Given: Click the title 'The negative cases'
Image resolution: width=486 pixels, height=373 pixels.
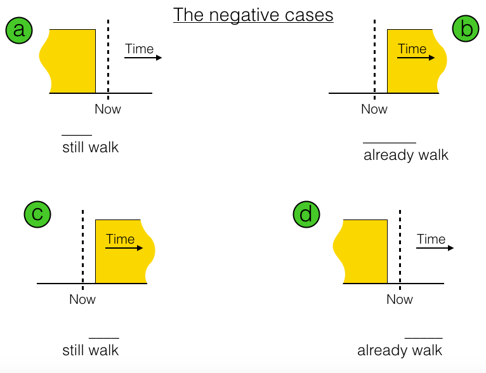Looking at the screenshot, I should coord(253,15).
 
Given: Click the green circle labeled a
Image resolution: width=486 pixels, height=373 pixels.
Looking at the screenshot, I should coord(19,30).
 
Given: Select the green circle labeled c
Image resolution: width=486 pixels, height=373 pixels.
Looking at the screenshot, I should coord(37,214).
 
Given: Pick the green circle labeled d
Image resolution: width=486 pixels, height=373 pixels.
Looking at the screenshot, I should coord(306,214).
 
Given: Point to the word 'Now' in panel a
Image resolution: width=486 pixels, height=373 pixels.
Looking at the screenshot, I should coord(108,109).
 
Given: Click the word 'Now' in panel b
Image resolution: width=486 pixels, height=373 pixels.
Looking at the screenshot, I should coord(374,109).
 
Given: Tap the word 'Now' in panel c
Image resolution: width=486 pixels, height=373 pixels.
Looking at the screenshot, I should coord(82,299).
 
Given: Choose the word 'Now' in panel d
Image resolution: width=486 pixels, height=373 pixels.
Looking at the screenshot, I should coord(400,299).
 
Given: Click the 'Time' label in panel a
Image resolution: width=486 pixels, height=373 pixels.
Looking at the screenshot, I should coord(140,49).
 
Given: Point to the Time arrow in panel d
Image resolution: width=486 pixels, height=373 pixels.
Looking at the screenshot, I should coord(435,247).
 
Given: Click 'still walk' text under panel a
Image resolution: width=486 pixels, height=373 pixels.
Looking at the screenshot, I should coord(90,148).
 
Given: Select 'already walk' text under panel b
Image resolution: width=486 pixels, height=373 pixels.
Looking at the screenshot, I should coord(406,155).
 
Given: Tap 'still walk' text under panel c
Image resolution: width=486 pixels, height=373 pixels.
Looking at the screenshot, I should coord(90,350).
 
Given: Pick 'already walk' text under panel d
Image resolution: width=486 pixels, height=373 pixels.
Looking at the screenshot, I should coord(400,350).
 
